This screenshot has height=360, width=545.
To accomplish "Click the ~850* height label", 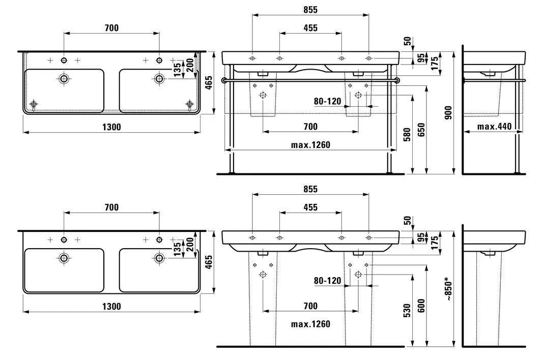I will (x=447, y=289).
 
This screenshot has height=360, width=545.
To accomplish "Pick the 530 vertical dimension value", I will (x=407, y=310).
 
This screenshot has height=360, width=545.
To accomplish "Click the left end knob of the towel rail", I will (x=224, y=80).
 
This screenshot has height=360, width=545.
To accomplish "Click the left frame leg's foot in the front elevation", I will (x=232, y=172).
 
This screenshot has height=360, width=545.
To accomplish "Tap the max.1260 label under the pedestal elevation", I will (x=310, y=324).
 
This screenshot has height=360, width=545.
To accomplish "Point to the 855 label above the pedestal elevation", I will (x=310, y=189).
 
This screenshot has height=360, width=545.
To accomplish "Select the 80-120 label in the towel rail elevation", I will (x=327, y=101).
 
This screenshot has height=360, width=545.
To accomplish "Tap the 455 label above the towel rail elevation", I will (x=310, y=28).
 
